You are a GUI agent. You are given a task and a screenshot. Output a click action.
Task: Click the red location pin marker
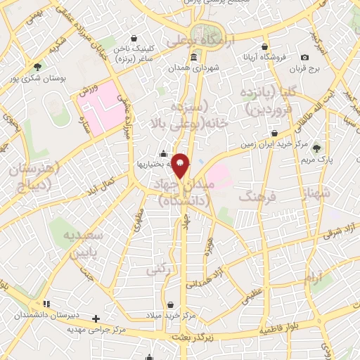tap(181, 167)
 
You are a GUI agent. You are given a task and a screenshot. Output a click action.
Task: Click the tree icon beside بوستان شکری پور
tap(37, 67)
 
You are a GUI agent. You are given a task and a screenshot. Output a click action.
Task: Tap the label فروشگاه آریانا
tap(264, 60)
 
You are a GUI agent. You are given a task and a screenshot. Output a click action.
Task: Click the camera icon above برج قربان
tap(304, 58)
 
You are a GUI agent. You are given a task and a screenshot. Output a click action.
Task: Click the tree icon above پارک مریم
tap(317, 148)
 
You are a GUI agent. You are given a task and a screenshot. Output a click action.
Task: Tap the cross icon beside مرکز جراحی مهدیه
tap(96, 317)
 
